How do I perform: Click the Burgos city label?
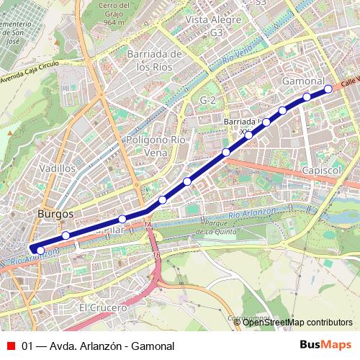pyautogui.click(x=55, y=215)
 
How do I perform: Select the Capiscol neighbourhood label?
pyautogui.click(x=321, y=169)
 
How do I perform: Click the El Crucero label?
pyautogui.click(x=102, y=307)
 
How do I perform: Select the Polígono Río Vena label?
pyautogui.click(x=156, y=146)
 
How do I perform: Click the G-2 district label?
pyautogui.click(x=209, y=99)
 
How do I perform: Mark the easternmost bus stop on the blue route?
pyautogui.click(x=328, y=89)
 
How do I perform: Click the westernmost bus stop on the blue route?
pyautogui.click(x=40, y=251)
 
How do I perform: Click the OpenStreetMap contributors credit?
pyautogui.click(x=297, y=323)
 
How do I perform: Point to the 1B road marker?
pyautogui.click(x=156, y=255)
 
